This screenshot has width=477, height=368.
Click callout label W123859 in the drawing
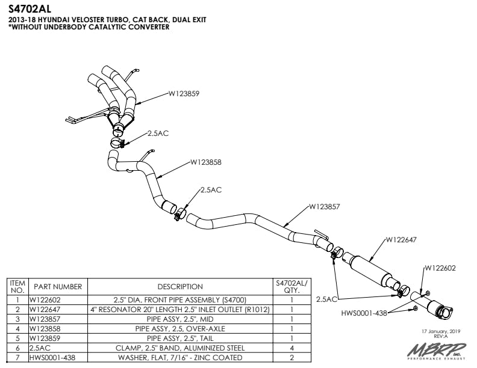184,94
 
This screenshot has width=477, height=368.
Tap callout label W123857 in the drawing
325,206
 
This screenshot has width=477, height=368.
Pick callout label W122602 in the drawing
440,268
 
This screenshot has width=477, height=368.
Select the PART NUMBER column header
58,287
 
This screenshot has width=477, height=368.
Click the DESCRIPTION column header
180,287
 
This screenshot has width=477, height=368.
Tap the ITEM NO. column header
18,286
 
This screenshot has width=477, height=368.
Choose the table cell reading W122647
45,309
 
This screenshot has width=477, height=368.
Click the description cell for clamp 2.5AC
180,348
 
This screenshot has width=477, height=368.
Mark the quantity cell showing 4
291,348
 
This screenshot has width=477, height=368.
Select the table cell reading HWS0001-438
51,358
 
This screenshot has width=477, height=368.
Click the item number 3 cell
18,319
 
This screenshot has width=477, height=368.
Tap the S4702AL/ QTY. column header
291,286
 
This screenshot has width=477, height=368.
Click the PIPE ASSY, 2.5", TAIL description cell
180,339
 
